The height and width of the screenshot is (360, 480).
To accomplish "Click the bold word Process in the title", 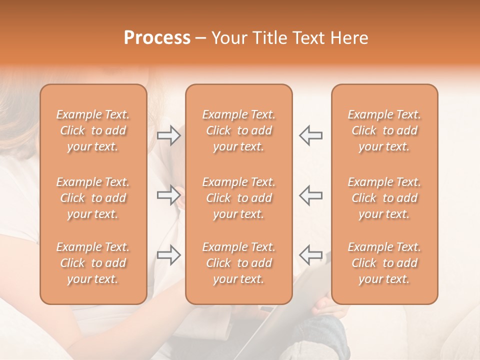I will coord(157,38).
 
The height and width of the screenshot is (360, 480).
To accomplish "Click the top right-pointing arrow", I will coord(169,135).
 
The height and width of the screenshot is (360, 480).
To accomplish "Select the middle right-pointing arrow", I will coord(169,194).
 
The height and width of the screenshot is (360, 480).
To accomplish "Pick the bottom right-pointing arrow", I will coord(169,255).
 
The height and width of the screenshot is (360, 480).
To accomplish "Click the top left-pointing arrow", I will coord(310,135).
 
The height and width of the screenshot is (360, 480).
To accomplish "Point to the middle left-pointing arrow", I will coord(310,194).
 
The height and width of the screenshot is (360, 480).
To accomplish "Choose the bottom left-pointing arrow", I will coord(310,255).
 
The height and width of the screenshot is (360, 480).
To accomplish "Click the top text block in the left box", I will coord(93,130).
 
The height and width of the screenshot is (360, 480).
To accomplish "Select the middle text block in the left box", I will coord(93,198).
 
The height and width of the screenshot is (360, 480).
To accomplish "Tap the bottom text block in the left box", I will coord(93,263).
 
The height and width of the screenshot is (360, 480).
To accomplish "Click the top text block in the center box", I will coord(238,130).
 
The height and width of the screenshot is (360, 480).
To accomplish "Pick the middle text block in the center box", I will coord(238,198).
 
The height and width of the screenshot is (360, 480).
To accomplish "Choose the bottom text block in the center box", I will coord(238,263).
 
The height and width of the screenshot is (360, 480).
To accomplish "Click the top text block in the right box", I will coord(384,130).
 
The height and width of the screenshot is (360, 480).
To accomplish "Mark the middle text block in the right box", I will coord(384,198).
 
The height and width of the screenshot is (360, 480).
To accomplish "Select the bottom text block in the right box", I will coord(384,263).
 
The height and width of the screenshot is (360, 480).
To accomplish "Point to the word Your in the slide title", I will coord(227,38).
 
